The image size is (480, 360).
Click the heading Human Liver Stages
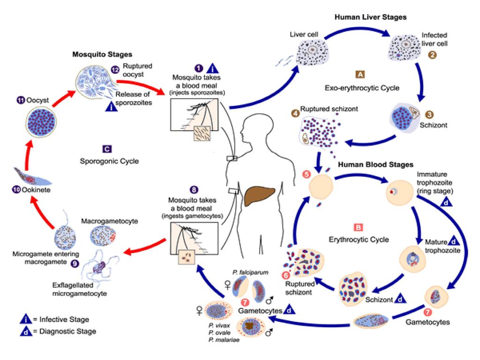(370, 17)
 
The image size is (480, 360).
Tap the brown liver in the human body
(261, 195)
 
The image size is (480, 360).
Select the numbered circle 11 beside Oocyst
(21, 100)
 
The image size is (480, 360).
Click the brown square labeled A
(360, 75)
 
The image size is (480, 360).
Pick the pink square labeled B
(358, 227)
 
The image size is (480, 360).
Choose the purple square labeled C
(107, 149)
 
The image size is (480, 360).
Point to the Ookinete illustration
(32, 177)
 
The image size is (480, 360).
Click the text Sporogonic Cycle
(109, 161)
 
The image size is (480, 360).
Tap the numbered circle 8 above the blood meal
(194, 190)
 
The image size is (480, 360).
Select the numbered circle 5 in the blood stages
(307, 174)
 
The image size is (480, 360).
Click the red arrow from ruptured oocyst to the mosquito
(141, 87)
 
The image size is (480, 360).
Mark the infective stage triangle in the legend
(26, 319)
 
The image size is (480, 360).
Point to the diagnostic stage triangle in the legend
(26, 331)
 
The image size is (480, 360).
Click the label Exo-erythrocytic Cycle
(362, 88)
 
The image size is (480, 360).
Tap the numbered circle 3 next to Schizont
(429, 114)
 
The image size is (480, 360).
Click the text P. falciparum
(250, 272)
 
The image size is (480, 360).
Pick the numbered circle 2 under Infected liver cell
(432, 55)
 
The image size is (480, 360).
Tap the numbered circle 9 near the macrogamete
(75, 263)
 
